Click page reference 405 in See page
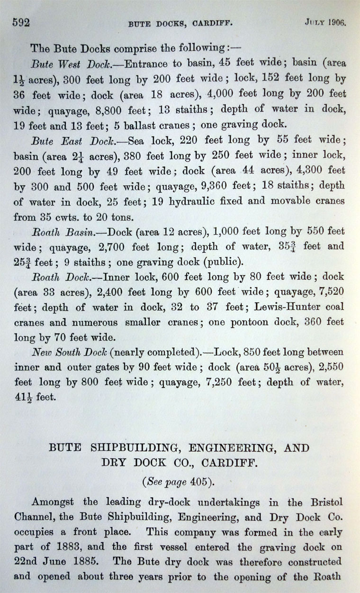199,482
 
